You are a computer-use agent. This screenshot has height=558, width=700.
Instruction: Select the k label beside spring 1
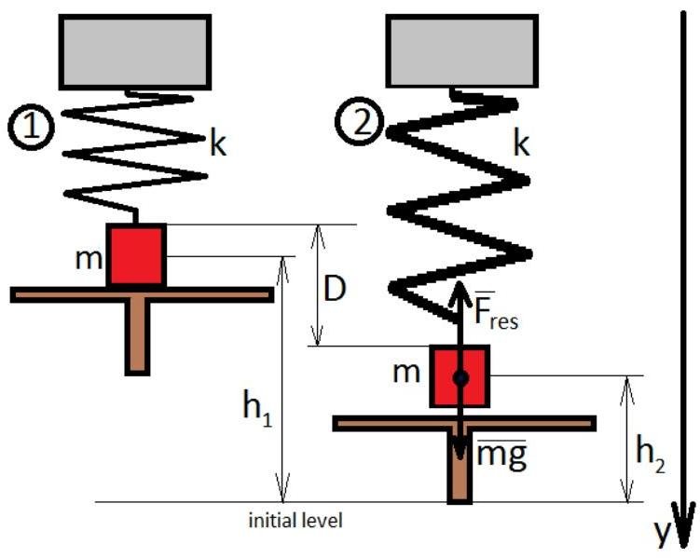[x=219, y=146]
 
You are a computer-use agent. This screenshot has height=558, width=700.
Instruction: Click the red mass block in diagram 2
[x=460, y=376]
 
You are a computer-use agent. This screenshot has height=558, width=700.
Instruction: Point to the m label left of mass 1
[x=89, y=257]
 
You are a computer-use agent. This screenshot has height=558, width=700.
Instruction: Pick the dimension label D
[x=336, y=289]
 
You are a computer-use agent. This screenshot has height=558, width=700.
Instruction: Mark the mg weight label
[x=503, y=456]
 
